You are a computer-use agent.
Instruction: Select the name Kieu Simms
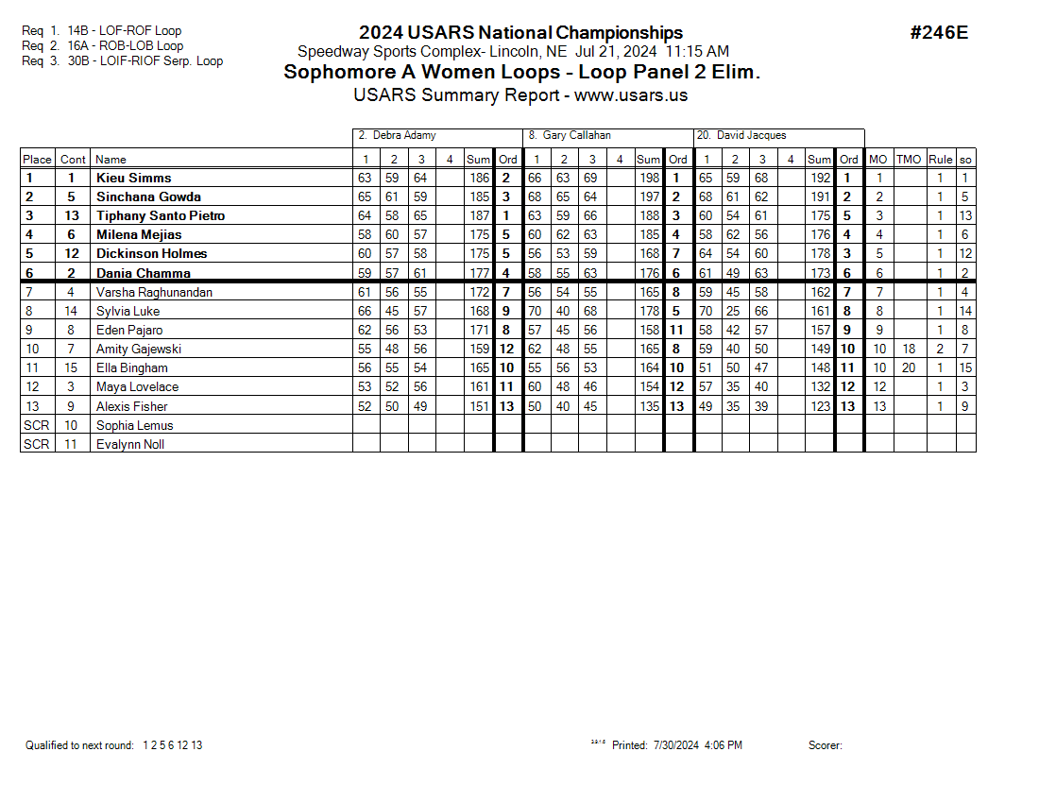pyautogui.click(x=133, y=178)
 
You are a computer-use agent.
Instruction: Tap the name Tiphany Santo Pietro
pyautogui.click(x=161, y=215)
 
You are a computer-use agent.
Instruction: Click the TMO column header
pyautogui.click(x=908, y=160)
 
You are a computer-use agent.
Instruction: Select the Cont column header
pyautogui.click(x=73, y=160)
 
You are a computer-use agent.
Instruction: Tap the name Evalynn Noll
pyautogui.click(x=129, y=444)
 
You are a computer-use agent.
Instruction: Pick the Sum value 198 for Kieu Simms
pyautogui.click(x=649, y=178)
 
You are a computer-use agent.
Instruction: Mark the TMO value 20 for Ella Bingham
pyautogui.click(x=909, y=367)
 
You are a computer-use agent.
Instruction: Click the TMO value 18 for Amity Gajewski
pyautogui.click(x=909, y=349)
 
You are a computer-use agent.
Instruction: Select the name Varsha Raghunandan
pyautogui.click(x=154, y=292)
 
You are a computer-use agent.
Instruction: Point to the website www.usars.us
pyautogui.click(x=631, y=95)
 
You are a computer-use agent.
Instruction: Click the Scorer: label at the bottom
pyautogui.click(x=825, y=745)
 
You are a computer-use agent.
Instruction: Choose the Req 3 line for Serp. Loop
pyautogui.click(x=122, y=61)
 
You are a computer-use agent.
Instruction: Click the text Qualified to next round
pyautogui.click(x=79, y=745)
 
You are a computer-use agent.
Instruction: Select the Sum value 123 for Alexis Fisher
pyautogui.click(x=820, y=406)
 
